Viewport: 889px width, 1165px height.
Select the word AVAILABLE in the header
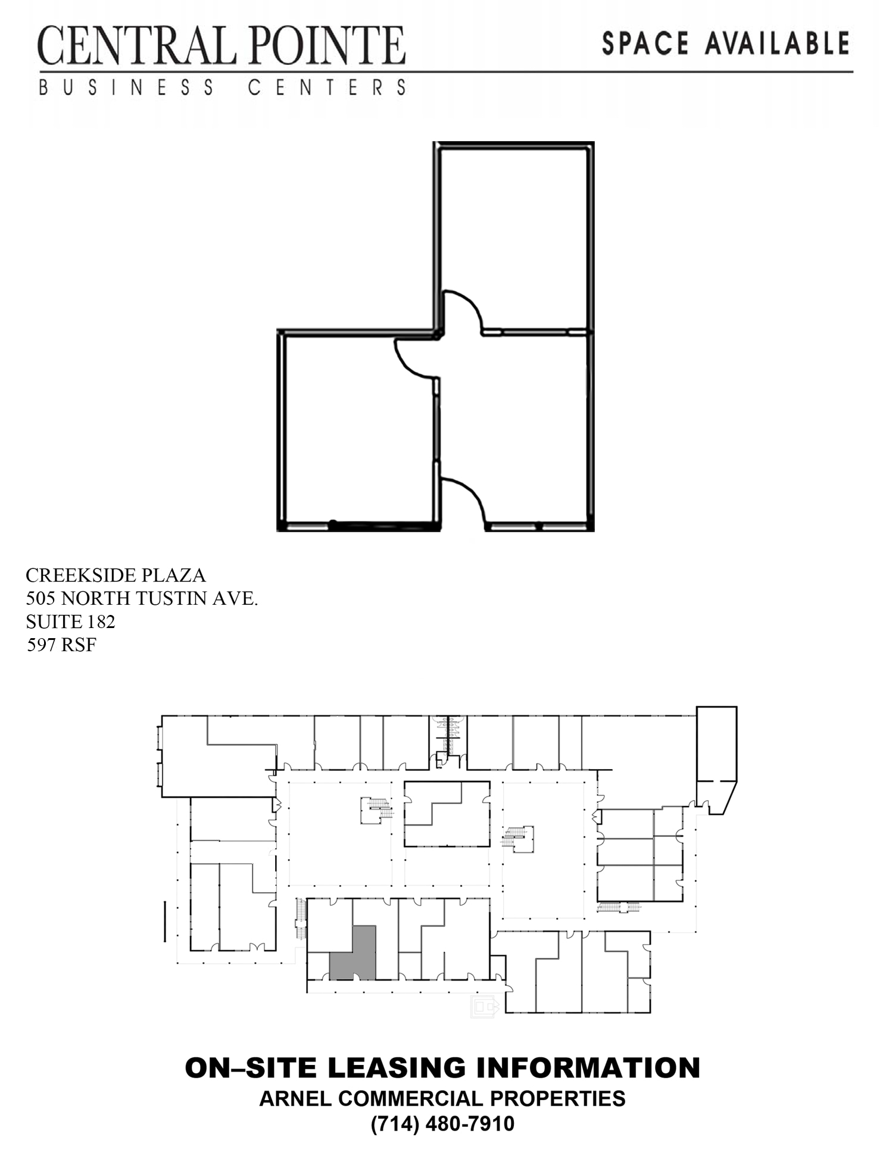pos(777,44)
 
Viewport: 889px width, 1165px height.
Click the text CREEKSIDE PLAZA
pos(116,575)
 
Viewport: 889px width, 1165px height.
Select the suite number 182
pos(101,621)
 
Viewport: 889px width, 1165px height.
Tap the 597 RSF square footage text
pos(61,645)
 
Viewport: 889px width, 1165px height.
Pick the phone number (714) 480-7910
pos(442,1123)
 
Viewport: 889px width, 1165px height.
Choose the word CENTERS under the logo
pos(327,88)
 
